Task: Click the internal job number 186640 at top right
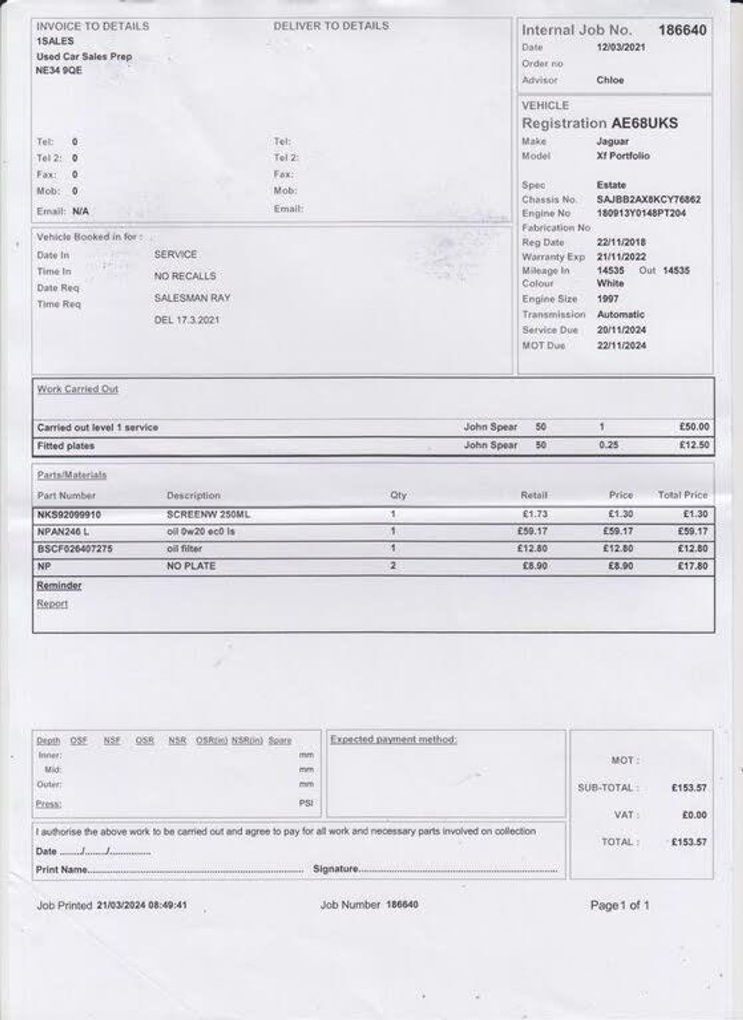point(682,30)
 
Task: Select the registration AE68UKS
point(644,123)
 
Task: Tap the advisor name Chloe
point(610,80)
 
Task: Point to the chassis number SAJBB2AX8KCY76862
point(649,200)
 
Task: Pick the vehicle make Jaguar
point(612,141)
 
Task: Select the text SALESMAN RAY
point(192,298)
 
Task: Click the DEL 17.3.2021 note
point(187,320)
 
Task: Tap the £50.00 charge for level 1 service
point(694,427)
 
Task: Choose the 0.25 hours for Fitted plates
point(609,445)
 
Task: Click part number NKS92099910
point(69,515)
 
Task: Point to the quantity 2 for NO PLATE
point(393,566)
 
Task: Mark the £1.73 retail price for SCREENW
point(535,514)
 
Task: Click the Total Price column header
point(682,495)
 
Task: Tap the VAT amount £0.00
point(694,815)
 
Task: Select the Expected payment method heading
point(394,739)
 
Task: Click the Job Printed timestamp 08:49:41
point(167,905)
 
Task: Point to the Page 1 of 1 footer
point(620,905)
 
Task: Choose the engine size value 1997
point(607,299)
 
